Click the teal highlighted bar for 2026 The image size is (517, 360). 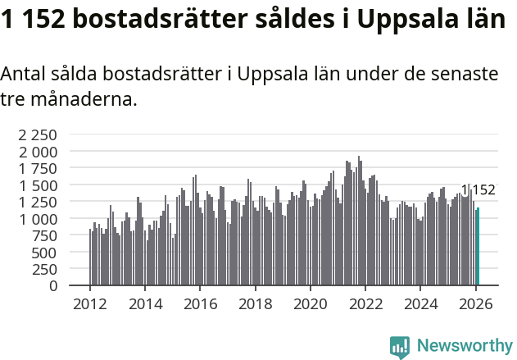tap(478, 247)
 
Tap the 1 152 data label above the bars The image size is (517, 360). tap(478, 190)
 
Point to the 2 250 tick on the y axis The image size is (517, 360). tap(39, 135)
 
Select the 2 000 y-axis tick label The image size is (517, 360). tap(39, 152)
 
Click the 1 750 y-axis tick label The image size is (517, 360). tap(39, 169)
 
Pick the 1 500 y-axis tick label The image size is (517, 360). tap(39, 185)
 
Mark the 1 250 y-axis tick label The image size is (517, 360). tap(39, 203)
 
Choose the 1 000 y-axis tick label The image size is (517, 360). tap(39, 219)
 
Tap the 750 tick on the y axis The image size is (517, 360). tap(45, 236)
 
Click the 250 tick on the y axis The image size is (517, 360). tap(45, 270)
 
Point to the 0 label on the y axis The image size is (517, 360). tap(53, 286)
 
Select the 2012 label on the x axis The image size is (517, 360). tap(90, 303)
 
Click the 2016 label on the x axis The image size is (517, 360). tap(200, 303)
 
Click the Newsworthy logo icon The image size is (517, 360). tap(400, 347)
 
